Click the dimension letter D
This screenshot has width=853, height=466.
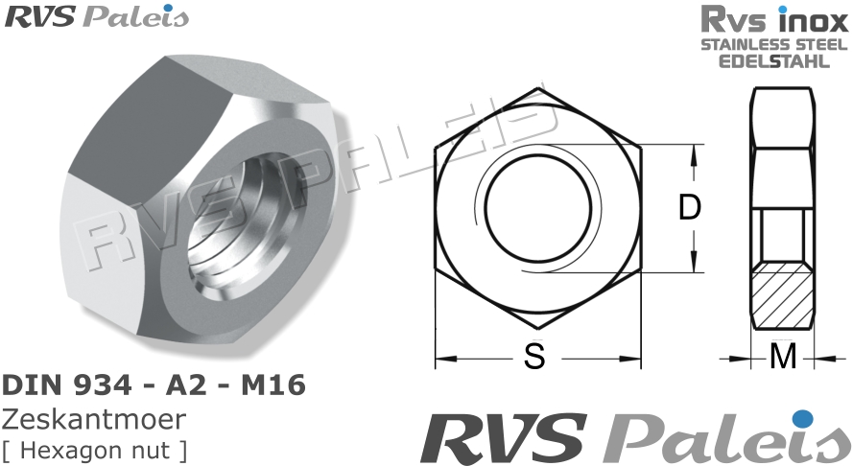click(x=689, y=208)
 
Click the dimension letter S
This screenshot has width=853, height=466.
click(x=534, y=358)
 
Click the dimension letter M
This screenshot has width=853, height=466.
click(x=784, y=358)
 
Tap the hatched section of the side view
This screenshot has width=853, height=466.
click(x=784, y=296)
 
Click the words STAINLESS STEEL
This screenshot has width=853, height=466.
click(x=773, y=45)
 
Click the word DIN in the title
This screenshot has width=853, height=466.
click(x=32, y=386)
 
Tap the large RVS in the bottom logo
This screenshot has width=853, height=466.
click(x=504, y=439)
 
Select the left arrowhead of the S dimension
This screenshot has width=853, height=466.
click(x=441, y=361)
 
